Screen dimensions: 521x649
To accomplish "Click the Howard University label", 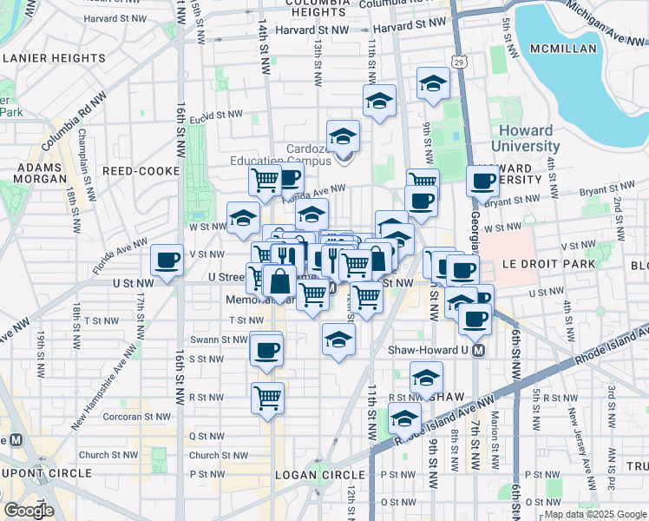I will pyautogui.click(x=525, y=138).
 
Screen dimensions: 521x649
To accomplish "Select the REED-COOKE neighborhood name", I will pyautogui.click(x=141, y=172).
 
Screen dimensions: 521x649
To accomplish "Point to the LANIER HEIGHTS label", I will pyautogui.click(x=54, y=58).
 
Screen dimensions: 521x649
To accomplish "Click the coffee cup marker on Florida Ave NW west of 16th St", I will pyautogui.click(x=167, y=260).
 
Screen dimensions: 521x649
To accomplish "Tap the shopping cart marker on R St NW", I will pyautogui.click(x=268, y=398).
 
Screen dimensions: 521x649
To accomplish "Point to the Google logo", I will pyautogui.click(x=29, y=510).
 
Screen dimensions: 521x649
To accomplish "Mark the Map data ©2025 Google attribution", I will pyautogui.click(x=595, y=514).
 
